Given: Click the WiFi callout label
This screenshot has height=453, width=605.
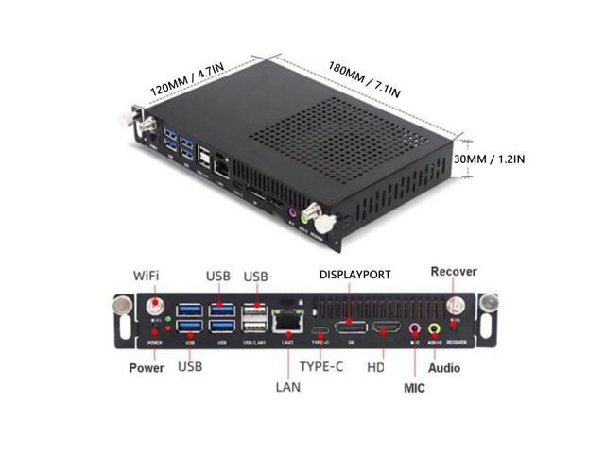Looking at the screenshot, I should [145, 276].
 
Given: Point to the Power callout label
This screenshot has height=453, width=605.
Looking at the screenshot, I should [147, 367].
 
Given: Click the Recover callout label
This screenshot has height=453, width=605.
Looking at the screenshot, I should [454, 272].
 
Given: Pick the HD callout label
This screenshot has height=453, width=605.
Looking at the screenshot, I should [374, 364].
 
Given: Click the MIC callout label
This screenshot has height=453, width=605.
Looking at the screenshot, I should [416, 387].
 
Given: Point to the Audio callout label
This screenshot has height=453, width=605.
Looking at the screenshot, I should [444, 367].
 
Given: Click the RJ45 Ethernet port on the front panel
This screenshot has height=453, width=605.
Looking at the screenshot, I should [285, 322].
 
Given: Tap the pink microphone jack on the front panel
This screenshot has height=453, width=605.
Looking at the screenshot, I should [414, 329].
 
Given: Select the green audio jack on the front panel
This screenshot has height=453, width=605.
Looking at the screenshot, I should [435, 329].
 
